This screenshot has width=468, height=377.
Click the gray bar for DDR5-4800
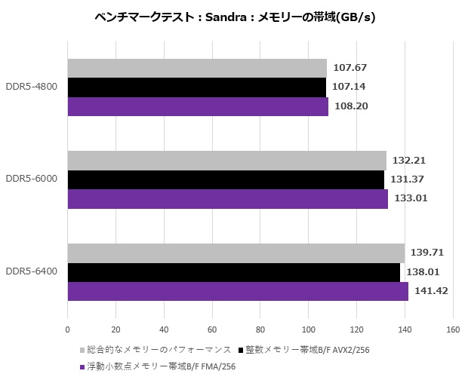pos(197,68)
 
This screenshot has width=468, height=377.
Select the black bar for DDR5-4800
pos(196,87)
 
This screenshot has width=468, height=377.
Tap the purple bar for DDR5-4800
pos(198,106)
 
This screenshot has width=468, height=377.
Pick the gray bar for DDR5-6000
pos(226,160)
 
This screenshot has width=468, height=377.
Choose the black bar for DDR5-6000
pos(226,179)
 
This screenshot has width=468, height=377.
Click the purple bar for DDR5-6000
pos(227,198)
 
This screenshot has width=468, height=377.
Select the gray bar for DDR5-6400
pos(236,252)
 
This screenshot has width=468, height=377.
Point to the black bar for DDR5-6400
pos(233,271)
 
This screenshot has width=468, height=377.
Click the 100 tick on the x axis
pos(309,329)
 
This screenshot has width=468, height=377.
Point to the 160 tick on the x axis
pos(453,329)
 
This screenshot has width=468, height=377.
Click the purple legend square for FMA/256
pos(82,367)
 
